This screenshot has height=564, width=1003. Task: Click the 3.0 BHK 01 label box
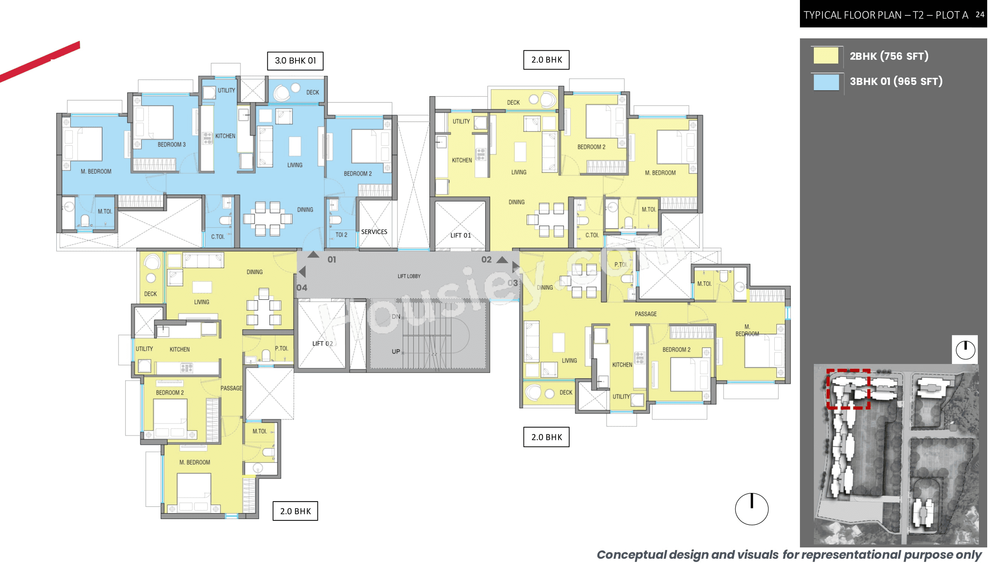point(295,61)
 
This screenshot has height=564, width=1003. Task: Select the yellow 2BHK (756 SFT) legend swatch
point(825,56)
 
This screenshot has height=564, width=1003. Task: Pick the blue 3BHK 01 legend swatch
point(825,82)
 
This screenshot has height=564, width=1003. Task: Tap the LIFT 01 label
point(460,235)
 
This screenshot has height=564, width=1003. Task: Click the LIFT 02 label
point(322,344)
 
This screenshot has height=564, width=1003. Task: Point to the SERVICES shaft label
point(374,232)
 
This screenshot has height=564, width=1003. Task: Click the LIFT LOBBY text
point(409,276)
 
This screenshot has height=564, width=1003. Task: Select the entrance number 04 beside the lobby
point(302,288)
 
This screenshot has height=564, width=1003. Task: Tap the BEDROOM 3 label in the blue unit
point(171,145)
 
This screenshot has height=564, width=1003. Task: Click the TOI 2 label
point(341,235)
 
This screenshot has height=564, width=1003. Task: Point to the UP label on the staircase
point(396,352)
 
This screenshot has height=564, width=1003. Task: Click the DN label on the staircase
point(396,317)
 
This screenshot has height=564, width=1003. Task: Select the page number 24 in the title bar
point(980,15)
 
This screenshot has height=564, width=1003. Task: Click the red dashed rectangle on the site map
point(848,389)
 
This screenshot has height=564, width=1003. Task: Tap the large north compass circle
point(751,509)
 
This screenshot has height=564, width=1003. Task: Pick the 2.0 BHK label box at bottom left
point(295,511)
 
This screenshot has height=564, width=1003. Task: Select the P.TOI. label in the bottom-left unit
point(281,349)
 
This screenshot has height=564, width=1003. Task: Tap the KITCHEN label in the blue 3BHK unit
point(225,136)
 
